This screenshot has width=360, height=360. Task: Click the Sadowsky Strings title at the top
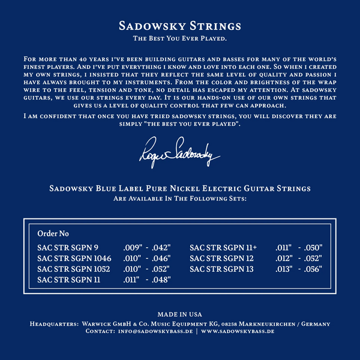tap(180, 26)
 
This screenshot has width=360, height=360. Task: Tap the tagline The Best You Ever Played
tap(180, 38)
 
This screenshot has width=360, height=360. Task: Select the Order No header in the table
tap(53, 233)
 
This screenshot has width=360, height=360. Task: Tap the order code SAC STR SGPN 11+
tap(223, 247)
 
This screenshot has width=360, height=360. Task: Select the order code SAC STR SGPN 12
tap(221, 257)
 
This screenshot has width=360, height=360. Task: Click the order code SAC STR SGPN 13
tap(221, 268)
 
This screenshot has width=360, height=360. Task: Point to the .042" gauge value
tap(161, 247)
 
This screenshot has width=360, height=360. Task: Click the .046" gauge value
tap(161, 257)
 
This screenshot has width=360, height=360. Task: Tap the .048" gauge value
tap(161, 279)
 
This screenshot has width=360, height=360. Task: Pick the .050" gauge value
tap(313, 247)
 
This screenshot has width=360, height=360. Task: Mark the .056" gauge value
tap(313, 268)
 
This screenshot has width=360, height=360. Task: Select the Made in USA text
tap(179, 314)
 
